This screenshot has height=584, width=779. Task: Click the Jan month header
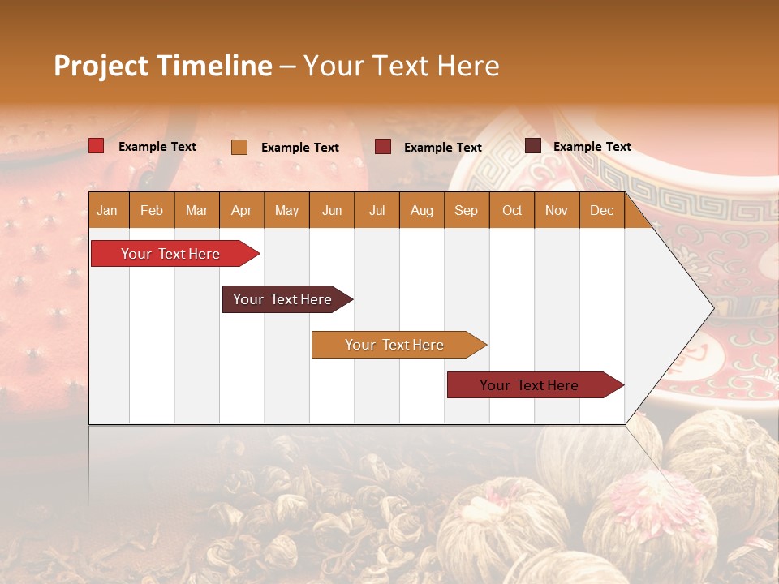point(108,210)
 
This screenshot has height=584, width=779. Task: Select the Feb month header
point(152,210)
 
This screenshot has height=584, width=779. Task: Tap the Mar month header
point(196,210)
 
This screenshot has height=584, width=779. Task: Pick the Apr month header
point(242,210)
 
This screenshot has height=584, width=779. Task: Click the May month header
point(286,210)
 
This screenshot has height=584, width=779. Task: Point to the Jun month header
point(332,210)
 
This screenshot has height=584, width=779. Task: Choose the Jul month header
point(377,210)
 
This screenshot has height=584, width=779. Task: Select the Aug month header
point(421,210)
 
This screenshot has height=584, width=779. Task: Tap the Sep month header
point(467,210)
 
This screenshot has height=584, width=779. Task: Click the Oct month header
point(512,210)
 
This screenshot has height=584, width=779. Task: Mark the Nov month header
point(557,210)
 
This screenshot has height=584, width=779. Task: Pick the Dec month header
point(601,210)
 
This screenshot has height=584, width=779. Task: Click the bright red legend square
point(97,146)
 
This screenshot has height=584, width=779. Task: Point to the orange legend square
point(239,147)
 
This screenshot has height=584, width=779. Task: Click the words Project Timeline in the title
point(163,66)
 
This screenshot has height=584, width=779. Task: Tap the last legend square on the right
point(533,146)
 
